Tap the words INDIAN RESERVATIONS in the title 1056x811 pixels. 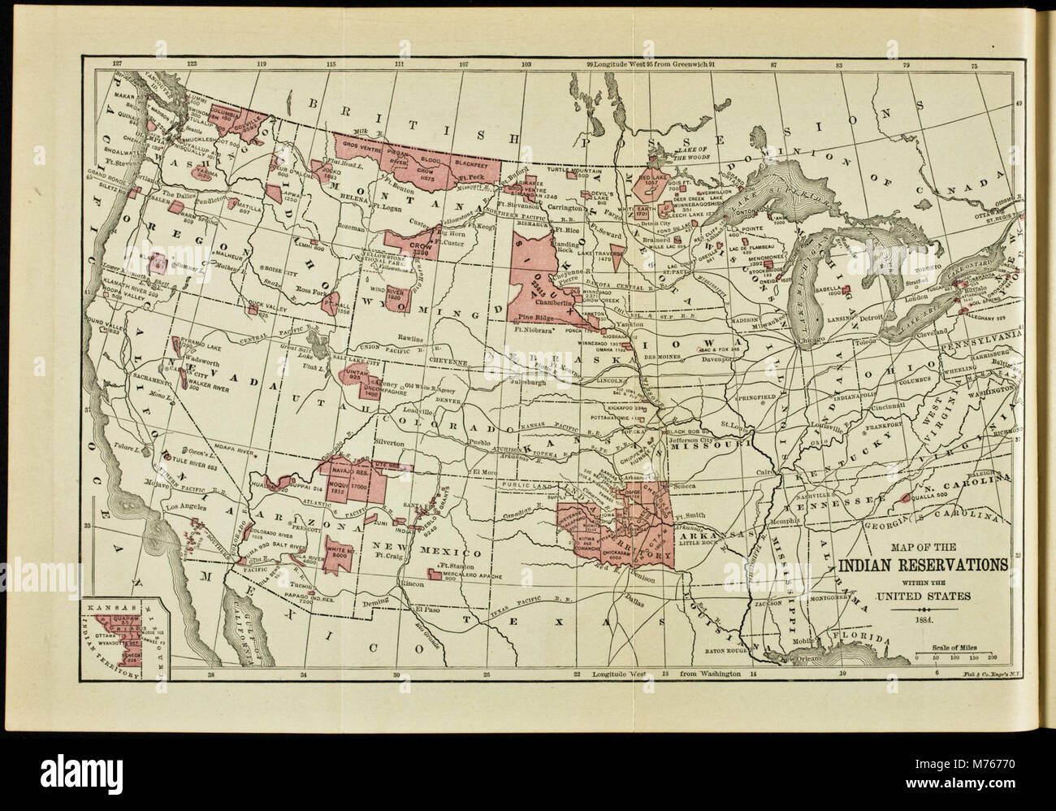(x=924, y=566)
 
